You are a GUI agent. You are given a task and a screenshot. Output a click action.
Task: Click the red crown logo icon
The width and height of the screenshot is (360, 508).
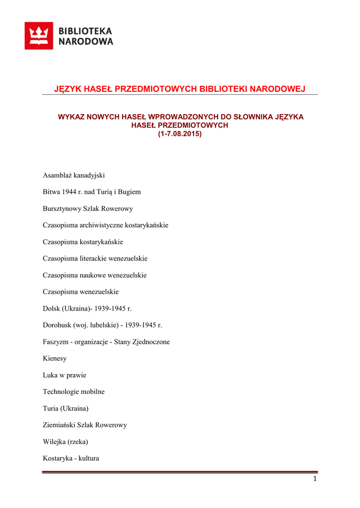click(x=39, y=36)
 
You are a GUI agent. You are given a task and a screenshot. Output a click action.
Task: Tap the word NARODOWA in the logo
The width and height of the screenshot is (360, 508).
click(x=86, y=42)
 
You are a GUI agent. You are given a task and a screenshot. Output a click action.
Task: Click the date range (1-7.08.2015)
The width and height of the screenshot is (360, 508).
click(x=180, y=134)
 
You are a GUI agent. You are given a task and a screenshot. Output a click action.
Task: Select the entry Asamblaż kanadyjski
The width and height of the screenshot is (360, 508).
click(x=73, y=175)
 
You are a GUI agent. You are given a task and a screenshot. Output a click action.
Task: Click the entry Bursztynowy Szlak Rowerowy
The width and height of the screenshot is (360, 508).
click(x=88, y=209)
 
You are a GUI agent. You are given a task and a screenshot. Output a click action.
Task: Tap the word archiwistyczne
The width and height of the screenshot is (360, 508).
click(x=103, y=225)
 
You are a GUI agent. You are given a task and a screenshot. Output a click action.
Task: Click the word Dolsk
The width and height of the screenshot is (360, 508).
click(x=51, y=309)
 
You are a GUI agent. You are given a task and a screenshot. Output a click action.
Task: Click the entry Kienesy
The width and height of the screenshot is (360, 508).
click(x=55, y=359)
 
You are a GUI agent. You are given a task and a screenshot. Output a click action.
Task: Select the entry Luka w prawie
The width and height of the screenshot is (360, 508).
click(x=65, y=375)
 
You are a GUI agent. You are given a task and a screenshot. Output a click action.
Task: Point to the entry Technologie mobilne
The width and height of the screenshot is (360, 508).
click(x=73, y=392)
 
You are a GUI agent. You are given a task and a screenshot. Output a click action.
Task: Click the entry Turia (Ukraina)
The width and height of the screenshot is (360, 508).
click(x=66, y=408)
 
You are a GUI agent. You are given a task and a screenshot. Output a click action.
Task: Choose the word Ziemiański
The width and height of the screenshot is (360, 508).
click(x=60, y=425)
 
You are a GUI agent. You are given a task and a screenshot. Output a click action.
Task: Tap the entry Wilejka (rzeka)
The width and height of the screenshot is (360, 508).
click(x=65, y=442)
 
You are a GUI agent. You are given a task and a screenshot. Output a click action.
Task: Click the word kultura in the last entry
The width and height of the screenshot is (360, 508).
click(x=87, y=458)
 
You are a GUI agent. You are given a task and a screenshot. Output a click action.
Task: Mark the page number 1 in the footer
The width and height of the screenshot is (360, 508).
click(x=315, y=479)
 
